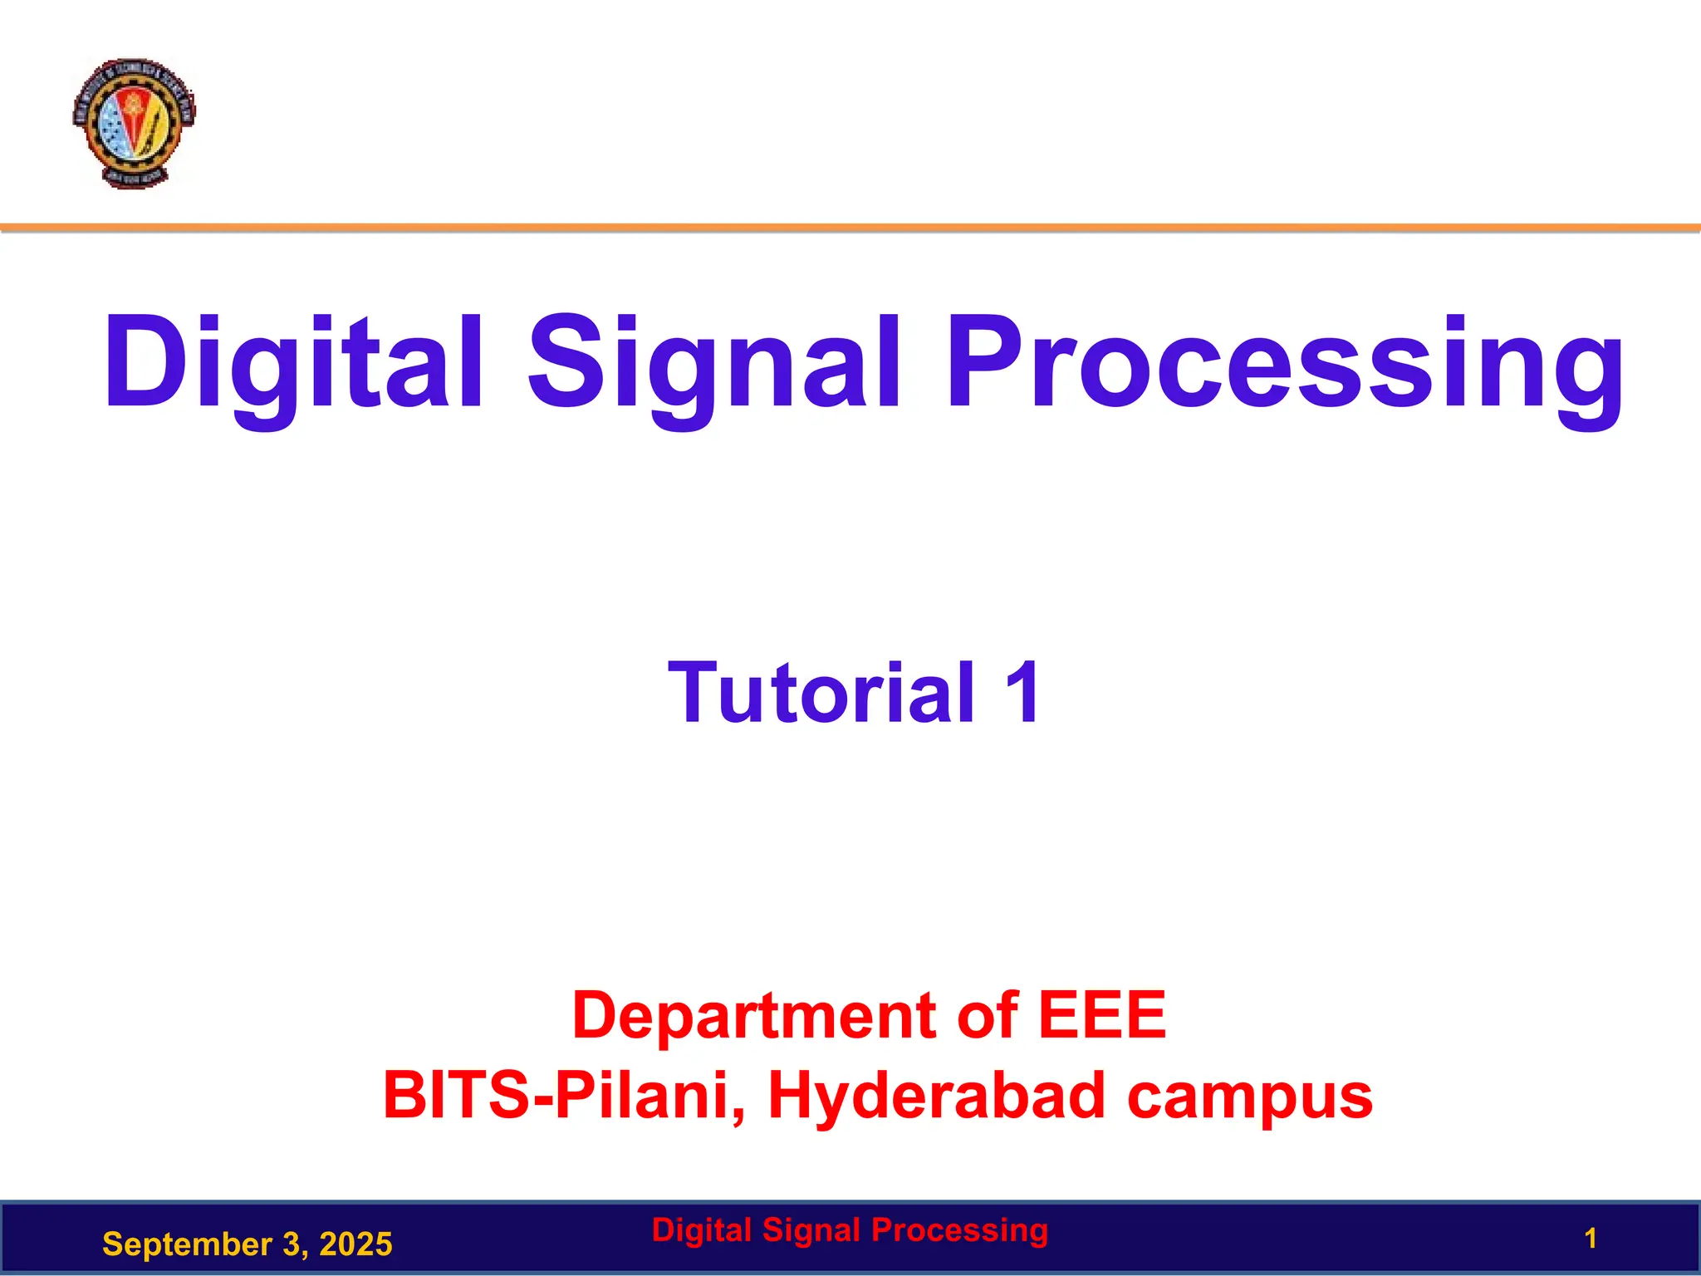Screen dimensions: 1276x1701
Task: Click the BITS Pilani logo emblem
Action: (x=134, y=122)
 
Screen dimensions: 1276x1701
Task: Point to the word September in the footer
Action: (x=186, y=1244)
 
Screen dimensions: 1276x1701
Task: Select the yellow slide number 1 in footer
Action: (x=1590, y=1239)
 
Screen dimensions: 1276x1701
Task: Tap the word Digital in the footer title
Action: (x=702, y=1229)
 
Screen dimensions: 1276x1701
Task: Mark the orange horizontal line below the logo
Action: (x=850, y=227)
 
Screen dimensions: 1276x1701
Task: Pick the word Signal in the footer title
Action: (x=812, y=1229)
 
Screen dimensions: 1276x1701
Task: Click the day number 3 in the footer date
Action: (x=291, y=1244)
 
